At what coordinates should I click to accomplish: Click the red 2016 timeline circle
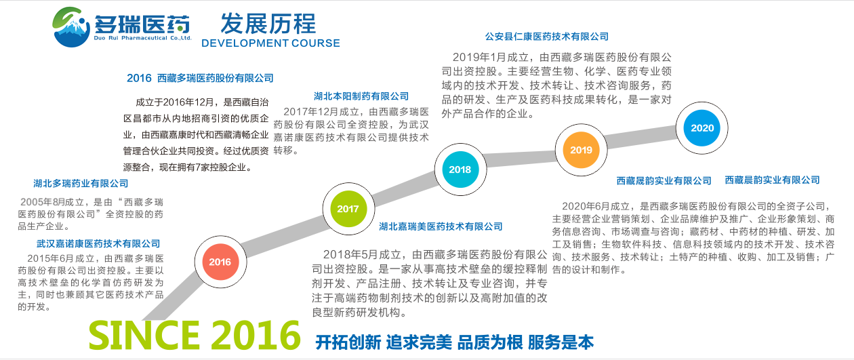220,262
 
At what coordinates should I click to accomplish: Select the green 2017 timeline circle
348,209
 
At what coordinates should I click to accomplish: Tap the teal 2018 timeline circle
460,169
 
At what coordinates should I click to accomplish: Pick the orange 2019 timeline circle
581,150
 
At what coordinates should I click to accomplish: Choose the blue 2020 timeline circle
702,127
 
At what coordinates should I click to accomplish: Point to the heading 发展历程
268,24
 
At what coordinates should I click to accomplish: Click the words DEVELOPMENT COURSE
270,43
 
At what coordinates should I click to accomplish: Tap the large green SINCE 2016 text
195,335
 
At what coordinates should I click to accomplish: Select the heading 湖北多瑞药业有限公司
81,184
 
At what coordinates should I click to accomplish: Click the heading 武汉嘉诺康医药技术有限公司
98,243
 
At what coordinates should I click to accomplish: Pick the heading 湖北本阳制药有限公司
361,96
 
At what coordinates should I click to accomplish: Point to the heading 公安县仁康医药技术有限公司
547,37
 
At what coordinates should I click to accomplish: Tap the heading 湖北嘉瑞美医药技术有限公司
441,226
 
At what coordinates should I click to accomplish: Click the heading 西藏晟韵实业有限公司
664,181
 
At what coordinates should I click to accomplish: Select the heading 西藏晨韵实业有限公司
773,180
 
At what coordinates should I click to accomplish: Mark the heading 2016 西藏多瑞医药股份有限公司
200,78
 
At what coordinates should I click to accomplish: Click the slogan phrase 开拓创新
348,342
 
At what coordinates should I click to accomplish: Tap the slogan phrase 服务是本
561,342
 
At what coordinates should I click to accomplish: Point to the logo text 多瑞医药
142,24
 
